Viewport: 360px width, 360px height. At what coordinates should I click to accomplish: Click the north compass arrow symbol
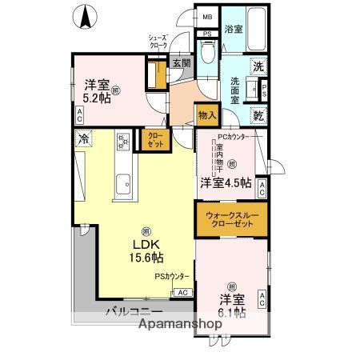pyautogui.click(x=86, y=15)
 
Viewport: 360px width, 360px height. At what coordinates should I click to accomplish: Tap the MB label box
pyautogui.click(x=207, y=17)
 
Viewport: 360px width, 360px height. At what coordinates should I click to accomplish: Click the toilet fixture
pyautogui.click(x=206, y=53)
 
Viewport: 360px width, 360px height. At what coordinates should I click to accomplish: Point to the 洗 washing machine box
pyautogui.click(x=258, y=68)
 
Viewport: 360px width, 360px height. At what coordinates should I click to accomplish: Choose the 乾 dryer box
pyautogui.click(x=258, y=115)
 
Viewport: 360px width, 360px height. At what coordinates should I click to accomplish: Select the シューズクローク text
pyautogui.click(x=158, y=42)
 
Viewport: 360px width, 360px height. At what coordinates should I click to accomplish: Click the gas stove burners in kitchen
pyautogui.click(x=124, y=143)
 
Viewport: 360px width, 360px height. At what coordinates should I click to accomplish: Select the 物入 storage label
pyautogui.click(x=206, y=116)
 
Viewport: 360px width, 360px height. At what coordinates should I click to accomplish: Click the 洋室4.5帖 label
pyautogui.click(x=226, y=183)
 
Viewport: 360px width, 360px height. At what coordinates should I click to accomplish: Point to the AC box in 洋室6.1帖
pyautogui.click(x=262, y=300)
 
